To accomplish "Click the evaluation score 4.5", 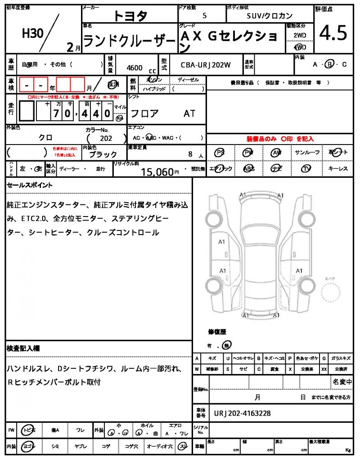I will pos(333,33).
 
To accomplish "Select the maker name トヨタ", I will pos(130,16).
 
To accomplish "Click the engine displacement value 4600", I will pos(135,68).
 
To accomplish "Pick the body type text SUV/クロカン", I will pos(270,15).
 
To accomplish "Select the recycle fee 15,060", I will pos(157,172).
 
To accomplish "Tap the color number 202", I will pos(106,139).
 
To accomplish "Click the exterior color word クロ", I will pos(45,138).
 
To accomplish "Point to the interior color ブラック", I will pos(103,154).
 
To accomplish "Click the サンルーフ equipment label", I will pos(307,153).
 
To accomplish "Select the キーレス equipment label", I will pos(337,169).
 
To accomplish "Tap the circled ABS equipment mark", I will pos(248,169).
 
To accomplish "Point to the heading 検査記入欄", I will pos(23,348).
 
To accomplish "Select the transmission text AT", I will pos(189,114).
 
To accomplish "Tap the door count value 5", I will pos(205,15).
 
